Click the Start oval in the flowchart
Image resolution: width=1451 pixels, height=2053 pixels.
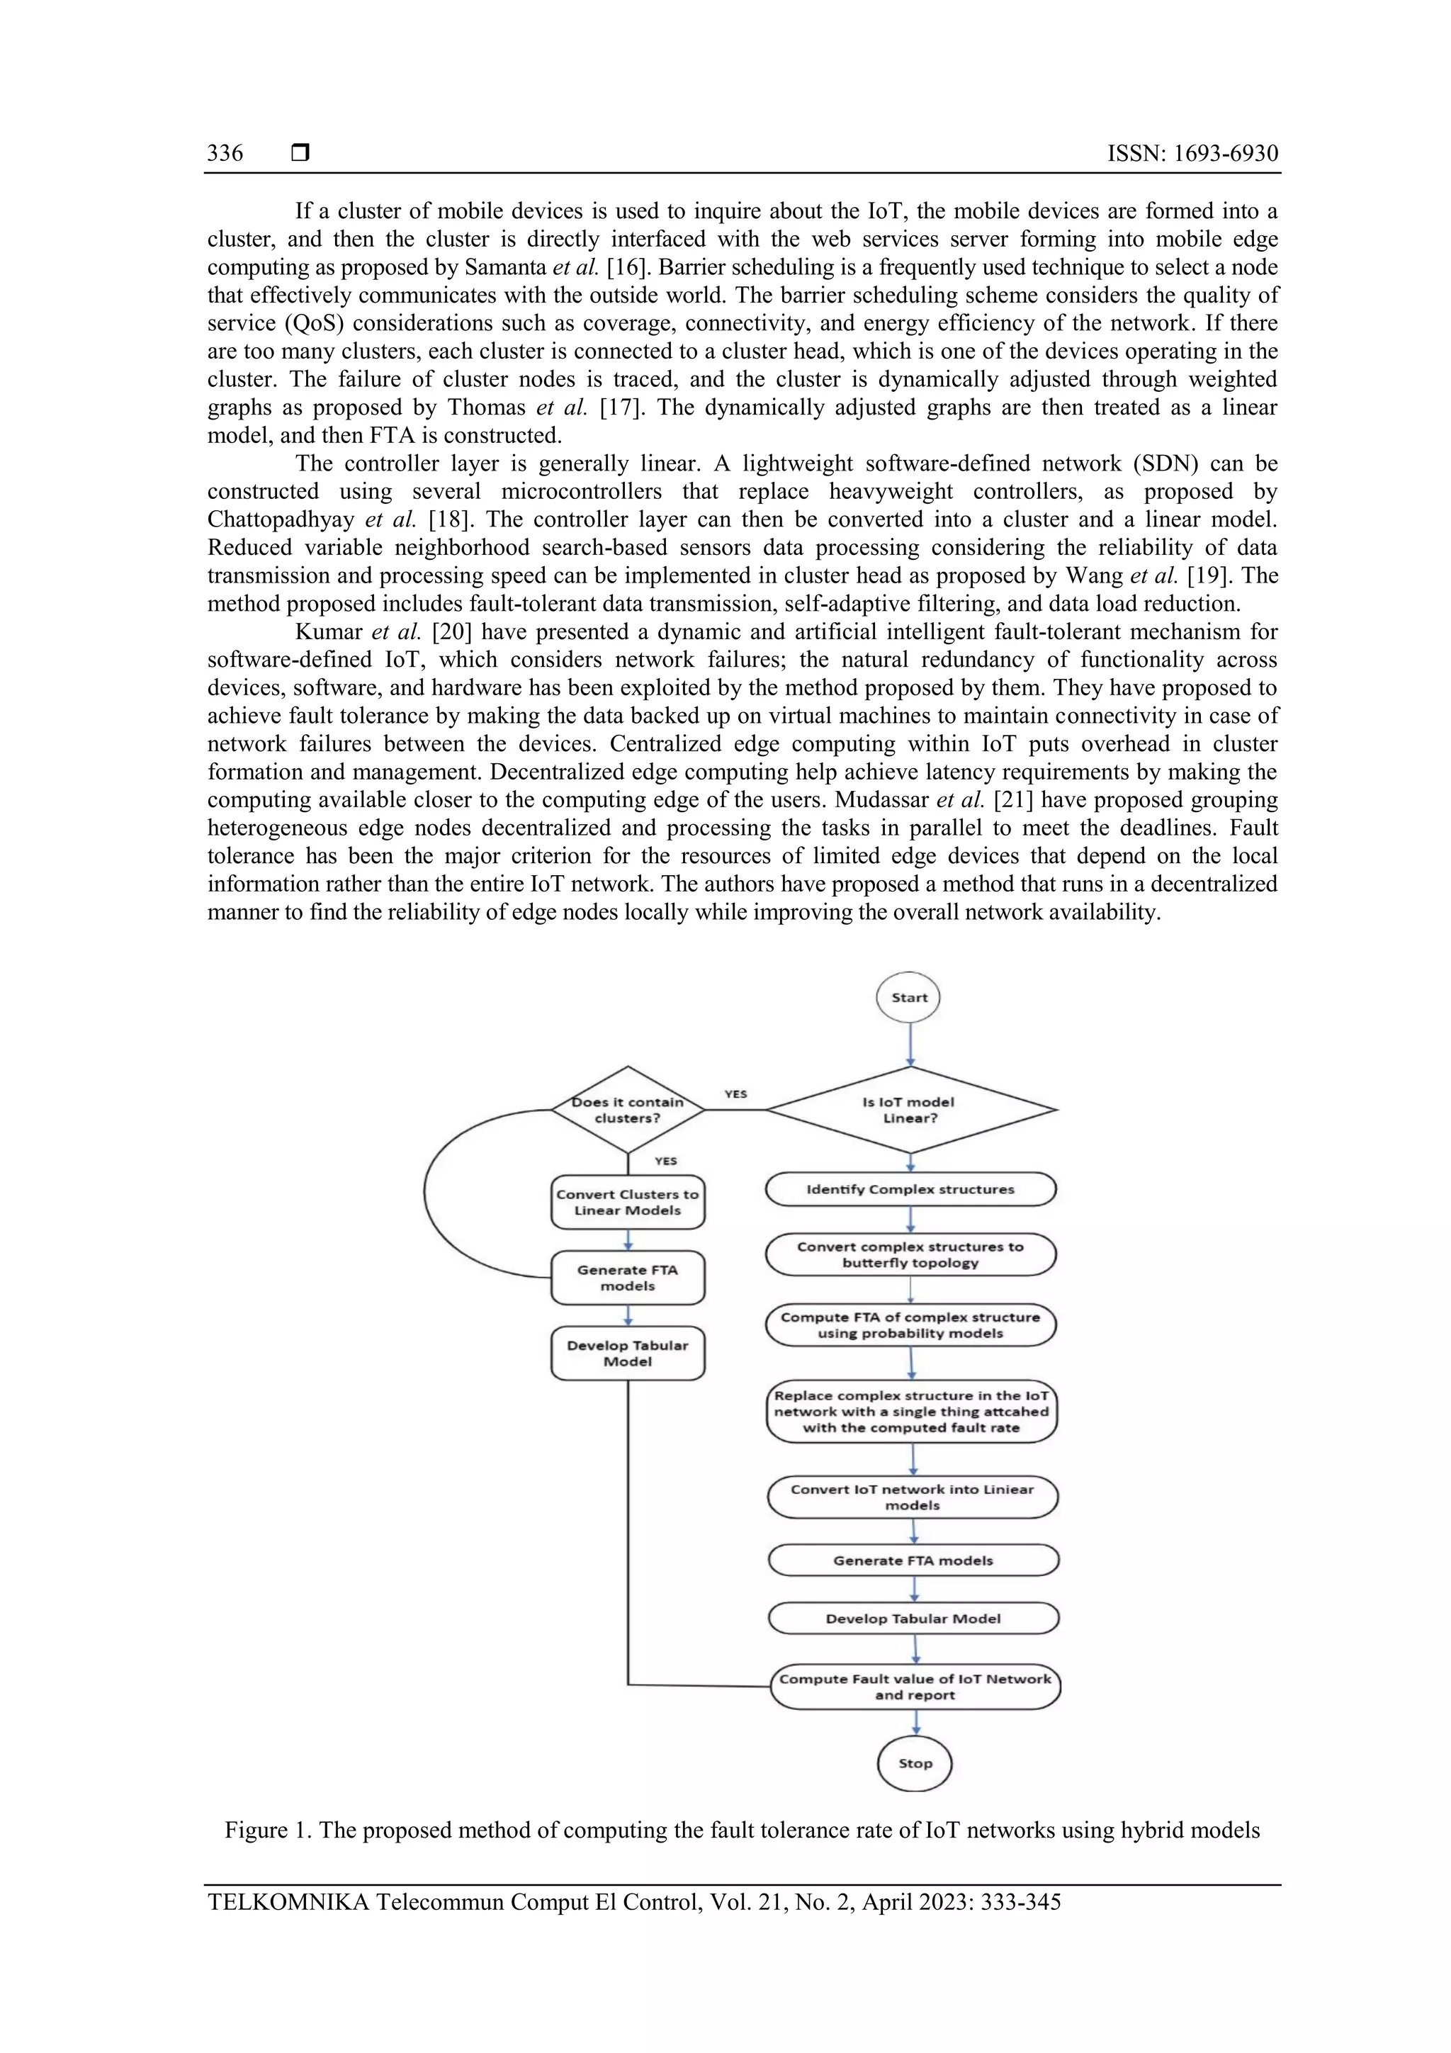coord(908,997)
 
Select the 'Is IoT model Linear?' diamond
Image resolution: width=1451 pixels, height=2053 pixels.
coord(910,1110)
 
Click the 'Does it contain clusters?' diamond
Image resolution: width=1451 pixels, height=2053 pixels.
coord(628,1110)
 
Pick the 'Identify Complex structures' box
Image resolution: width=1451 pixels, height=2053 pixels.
coord(910,1189)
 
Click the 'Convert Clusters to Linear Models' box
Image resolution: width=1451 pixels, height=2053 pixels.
coord(628,1202)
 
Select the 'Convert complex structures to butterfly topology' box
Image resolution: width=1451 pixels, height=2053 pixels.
coord(910,1254)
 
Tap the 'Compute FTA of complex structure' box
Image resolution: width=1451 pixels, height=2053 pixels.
coord(910,1324)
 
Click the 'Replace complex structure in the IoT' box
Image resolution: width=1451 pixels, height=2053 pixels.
coord(911,1411)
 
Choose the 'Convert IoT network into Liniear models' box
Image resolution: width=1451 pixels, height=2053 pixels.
coord(912,1497)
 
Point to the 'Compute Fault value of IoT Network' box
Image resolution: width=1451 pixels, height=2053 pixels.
coord(915,1687)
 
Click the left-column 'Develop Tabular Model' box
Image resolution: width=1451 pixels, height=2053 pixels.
coord(628,1353)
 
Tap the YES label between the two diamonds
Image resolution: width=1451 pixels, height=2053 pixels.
coord(735,1093)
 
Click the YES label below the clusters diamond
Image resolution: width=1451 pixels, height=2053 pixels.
coord(665,1161)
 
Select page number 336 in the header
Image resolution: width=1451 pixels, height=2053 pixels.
coord(225,153)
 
